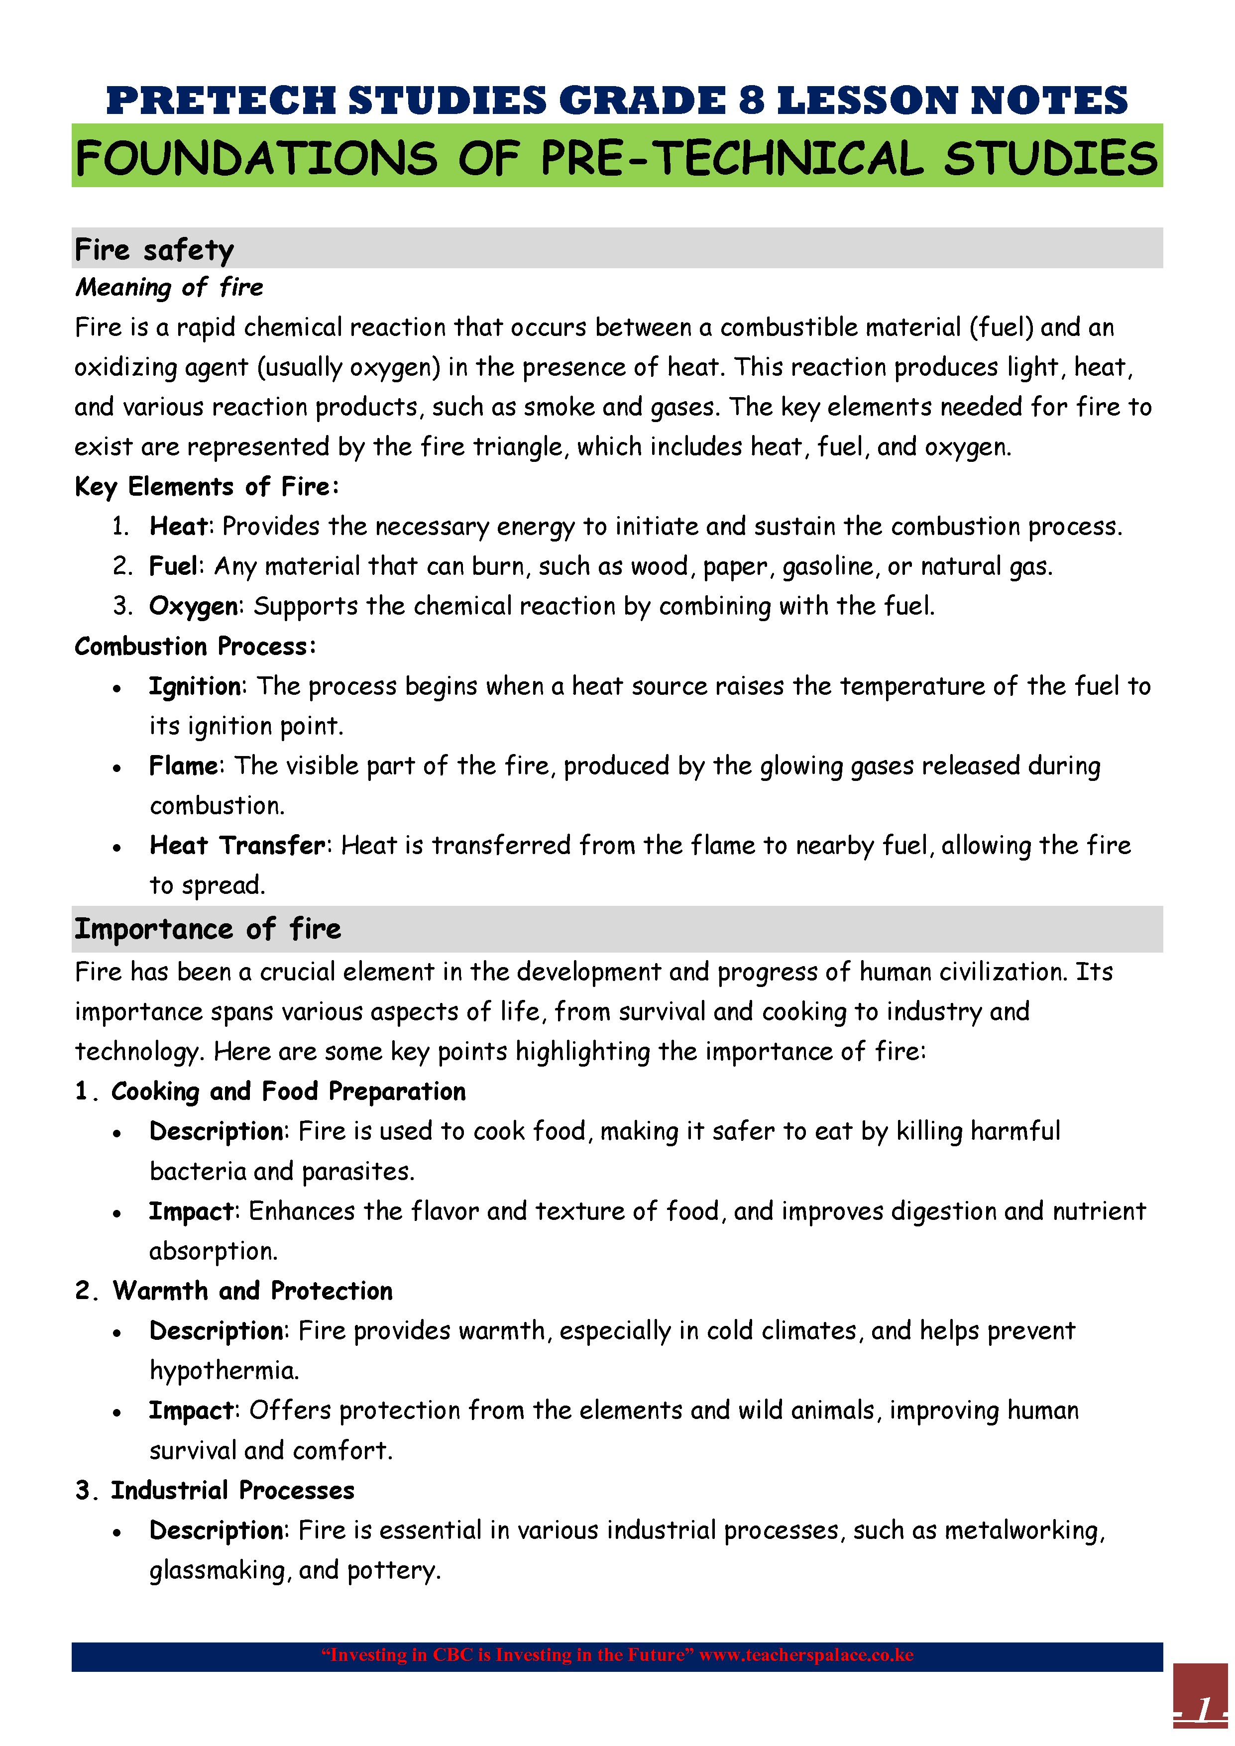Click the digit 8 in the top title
(x=751, y=101)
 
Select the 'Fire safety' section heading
(x=154, y=249)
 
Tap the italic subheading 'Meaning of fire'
(x=169, y=288)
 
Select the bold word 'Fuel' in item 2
(x=173, y=566)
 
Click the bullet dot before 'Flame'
(x=117, y=768)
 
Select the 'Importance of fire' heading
(x=208, y=929)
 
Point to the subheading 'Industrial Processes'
(x=232, y=1491)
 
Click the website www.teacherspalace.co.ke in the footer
(x=806, y=1655)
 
